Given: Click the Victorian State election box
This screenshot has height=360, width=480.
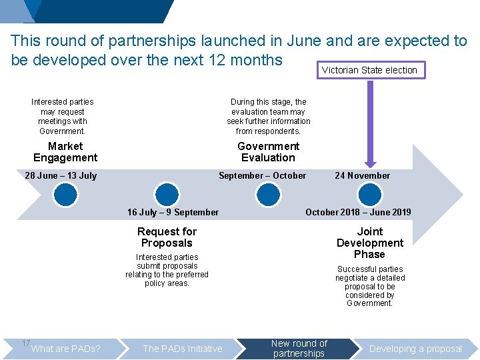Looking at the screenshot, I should click(x=369, y=70).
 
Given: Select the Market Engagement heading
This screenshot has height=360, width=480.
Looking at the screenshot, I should click(x=65, y=152).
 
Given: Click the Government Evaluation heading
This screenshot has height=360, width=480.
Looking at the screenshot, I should click(x=268, y=152).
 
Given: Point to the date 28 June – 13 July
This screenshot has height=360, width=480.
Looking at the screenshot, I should click(x=61, y=176).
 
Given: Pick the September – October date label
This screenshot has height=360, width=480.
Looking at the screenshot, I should click(x=263, y=176).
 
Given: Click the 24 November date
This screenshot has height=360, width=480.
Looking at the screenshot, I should click(x=362, y=176).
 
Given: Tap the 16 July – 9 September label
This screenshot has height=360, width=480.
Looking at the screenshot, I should click(x=173, y=213).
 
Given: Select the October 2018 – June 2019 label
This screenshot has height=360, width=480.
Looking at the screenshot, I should click(x=358, y=213).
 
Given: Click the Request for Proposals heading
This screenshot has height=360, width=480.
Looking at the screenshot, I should click(x=167, y=237).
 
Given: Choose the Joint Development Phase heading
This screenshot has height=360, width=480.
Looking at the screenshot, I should click(x=370, y=243).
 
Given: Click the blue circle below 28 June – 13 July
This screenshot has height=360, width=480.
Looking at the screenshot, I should click(x=66, y=194).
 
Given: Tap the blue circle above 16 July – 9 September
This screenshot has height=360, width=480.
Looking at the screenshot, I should click(x=167, y=194).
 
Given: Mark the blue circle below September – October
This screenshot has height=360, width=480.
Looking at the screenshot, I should click(x=268, y=194).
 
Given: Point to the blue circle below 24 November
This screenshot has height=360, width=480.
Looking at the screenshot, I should click(x=369, y=194).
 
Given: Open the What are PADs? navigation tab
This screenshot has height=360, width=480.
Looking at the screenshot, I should click(x=66, y=349).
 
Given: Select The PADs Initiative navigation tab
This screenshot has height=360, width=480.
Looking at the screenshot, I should click(x=183, y=349).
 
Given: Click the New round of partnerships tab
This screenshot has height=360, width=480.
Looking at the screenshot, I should click(x=299, y=349).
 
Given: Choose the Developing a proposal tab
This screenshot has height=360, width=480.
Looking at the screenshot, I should click(x=415, y=349).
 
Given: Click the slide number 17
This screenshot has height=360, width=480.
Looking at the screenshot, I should click(x=25, y=343).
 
